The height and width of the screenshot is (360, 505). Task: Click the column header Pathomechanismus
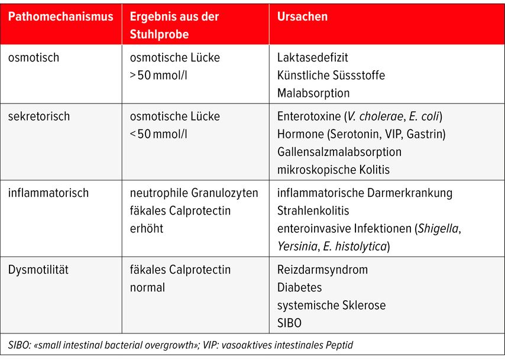60,17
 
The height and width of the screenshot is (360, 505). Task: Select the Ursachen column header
302,17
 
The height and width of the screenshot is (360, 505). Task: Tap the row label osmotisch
34,58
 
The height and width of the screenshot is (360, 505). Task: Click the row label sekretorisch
39,116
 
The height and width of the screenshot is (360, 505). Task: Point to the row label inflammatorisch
48,193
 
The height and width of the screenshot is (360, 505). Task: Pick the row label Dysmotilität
38,270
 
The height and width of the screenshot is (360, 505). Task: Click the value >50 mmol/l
158,76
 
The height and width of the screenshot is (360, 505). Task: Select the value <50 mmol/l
158,134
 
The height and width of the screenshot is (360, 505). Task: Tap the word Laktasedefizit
313,58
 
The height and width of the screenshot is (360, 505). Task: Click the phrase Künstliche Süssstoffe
331,76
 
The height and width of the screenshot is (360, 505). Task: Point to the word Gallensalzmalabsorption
339,152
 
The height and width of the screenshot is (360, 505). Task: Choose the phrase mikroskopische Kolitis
334,170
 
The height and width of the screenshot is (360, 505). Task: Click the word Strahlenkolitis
313,210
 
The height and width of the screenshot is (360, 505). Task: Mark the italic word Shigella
438,228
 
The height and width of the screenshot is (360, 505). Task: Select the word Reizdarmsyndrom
322,270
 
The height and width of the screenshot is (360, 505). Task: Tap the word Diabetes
300,288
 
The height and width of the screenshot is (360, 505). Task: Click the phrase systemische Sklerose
331,306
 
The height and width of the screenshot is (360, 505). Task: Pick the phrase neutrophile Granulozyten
194,193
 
